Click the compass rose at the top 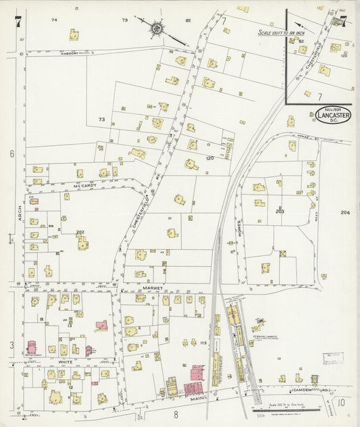[x=157, y=28]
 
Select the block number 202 [x=80, y=232]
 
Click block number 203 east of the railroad [x=280, y=211]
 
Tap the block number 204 [x=345, y=213]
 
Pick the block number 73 [x=101, y=120]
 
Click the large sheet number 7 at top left [x=17, y=22]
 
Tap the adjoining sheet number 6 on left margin [x=11, y=154]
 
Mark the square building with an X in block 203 [x=283, y=253]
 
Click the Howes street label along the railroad [x=240, y=233]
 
